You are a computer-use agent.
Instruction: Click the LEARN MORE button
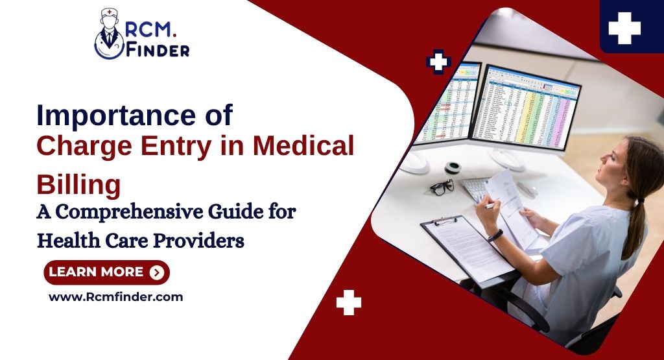pos(106,272)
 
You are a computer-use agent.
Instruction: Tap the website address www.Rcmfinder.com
pos(116,297)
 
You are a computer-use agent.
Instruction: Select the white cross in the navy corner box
pos(624,29)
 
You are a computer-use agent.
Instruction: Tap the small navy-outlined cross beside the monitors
pos(439,62)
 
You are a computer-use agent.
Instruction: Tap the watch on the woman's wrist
pos(496,235)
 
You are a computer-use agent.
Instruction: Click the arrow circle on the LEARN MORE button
pos(156,272)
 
